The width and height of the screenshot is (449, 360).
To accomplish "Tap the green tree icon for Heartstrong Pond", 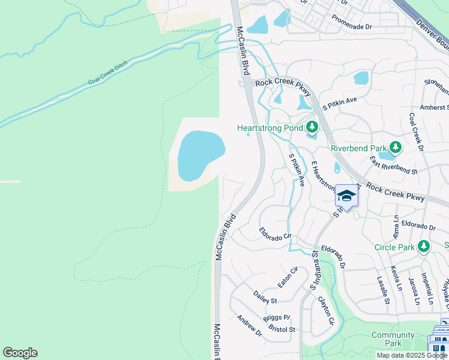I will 312,127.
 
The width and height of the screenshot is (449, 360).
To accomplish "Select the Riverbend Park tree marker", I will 395,147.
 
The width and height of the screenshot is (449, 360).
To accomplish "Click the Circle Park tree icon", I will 424,246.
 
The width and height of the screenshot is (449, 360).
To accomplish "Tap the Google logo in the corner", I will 20,353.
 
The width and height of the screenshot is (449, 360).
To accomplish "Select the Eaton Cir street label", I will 287,277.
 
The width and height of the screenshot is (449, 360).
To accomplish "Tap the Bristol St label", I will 282,329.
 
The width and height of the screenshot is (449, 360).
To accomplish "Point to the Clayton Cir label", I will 325,311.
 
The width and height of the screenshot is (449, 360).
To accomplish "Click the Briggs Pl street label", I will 277,317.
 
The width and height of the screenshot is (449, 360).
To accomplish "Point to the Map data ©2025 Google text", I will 412,355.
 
